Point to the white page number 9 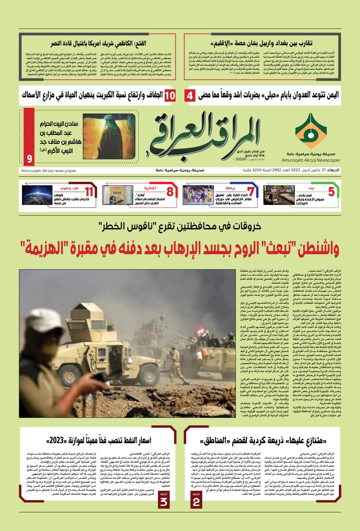click(x=29, y=159)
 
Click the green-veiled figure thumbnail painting click(x=103, y=136)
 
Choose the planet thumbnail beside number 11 click(x=37, y=195)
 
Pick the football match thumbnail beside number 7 click(x=198, y=195)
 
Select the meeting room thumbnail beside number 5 click(x=279, y=195)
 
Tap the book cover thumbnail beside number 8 click(x=118, y=195)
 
